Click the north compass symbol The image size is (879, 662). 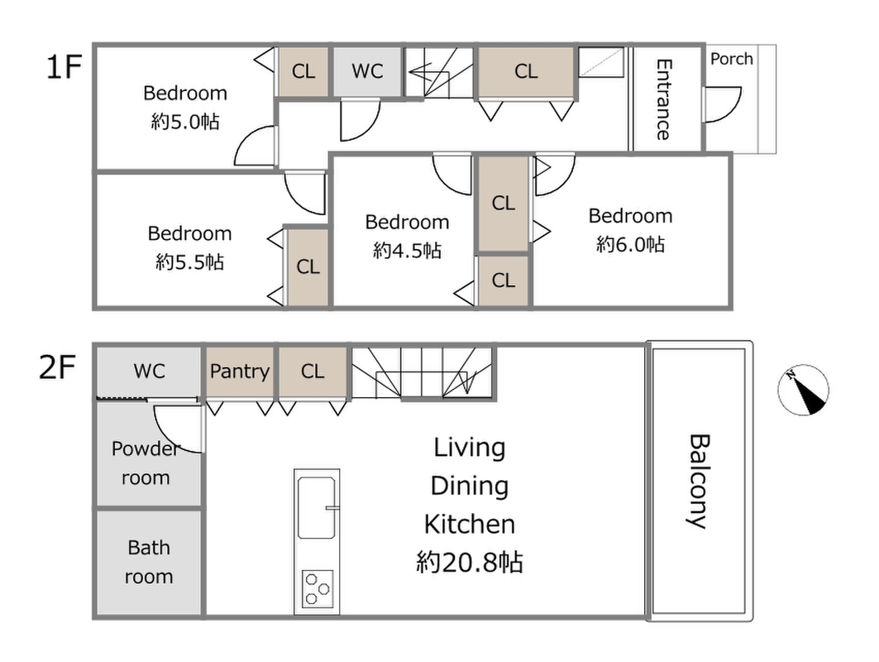803,390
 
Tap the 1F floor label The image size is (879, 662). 64,66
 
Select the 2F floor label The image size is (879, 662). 56,367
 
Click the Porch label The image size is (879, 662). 732,59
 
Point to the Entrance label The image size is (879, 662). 663,99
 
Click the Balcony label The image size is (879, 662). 698,481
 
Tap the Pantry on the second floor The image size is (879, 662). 239,372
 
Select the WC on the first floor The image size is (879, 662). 367,71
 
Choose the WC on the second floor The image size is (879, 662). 149,372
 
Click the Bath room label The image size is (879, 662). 149,562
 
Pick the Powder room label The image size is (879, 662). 146,463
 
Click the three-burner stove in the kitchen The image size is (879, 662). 318,588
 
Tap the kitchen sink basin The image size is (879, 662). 318,508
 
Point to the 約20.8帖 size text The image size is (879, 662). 470,562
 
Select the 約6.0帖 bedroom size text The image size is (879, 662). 631,245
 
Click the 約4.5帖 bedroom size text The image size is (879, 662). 408,250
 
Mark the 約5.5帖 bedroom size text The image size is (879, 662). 190,261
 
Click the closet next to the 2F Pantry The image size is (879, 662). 313,372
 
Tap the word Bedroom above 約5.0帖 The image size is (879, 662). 185,94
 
